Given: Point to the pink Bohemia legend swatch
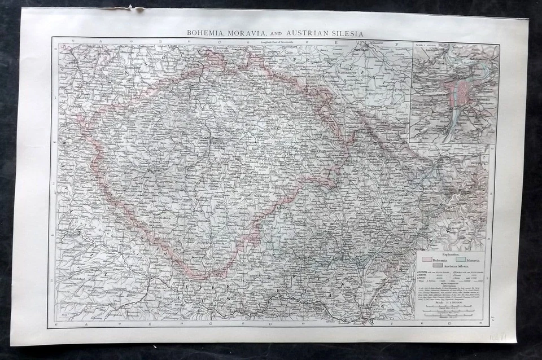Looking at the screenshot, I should pyautogui.click(x=424, y=260).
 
